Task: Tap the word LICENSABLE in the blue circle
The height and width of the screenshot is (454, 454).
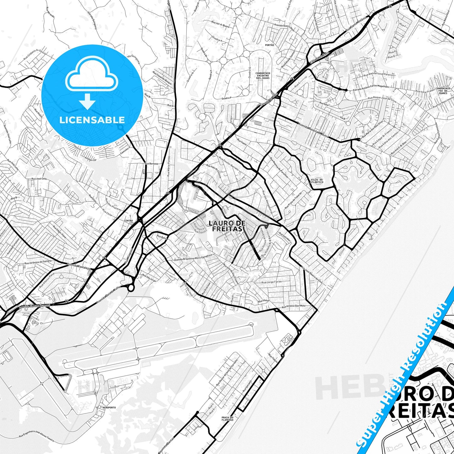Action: [92, 120]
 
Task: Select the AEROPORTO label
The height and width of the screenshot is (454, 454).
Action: [109, 407]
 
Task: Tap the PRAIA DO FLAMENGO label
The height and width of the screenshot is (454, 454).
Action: [227, 418]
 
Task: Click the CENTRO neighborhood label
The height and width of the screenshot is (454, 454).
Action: [129, 221]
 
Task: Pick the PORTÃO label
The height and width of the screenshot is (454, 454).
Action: [270, 45]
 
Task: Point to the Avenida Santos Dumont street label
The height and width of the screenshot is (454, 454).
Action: [35, 306]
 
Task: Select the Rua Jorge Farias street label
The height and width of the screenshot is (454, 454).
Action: [272, 282]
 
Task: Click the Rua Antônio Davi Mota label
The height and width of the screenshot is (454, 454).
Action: [293, 306]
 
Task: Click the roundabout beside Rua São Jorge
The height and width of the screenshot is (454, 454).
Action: [131, 287]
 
